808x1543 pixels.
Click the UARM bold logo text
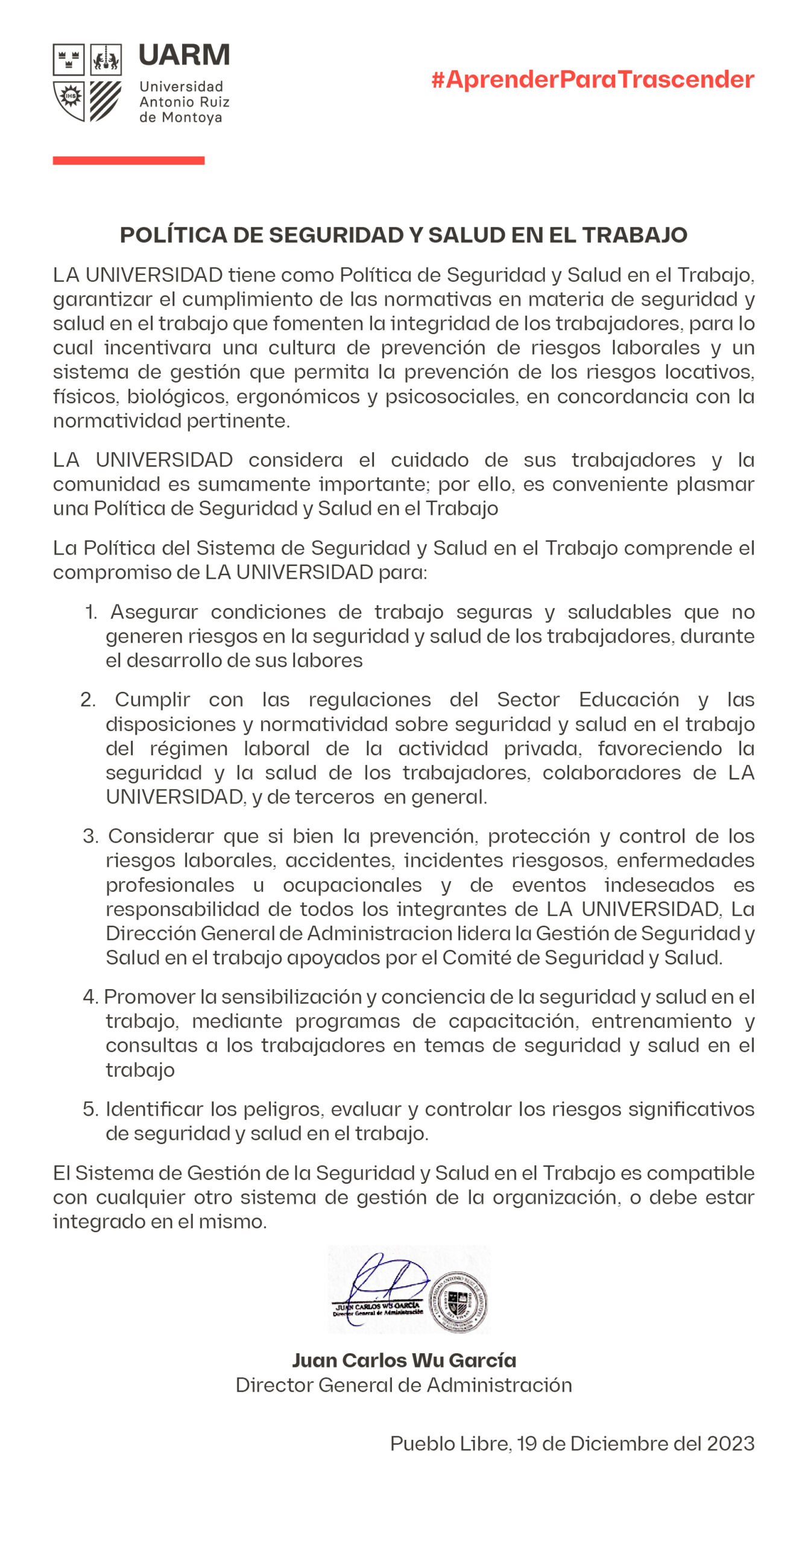point(184,55)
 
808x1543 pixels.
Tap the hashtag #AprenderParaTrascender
point(593,80)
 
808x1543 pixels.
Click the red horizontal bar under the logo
point(128,160)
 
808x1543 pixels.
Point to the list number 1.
point(91,612)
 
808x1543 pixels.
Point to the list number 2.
point(88,700)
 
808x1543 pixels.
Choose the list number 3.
point(90,837)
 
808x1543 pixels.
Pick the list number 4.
point(90,997)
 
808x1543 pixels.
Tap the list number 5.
point(90,1110)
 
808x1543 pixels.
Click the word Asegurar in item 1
point(154,612)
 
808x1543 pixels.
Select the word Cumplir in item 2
point(153,700)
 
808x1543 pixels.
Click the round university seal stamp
point(458,1302)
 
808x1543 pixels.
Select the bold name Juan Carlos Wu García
point(404,1360)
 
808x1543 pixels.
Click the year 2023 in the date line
point(730,1444)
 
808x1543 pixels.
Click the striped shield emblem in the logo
point(106,101)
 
